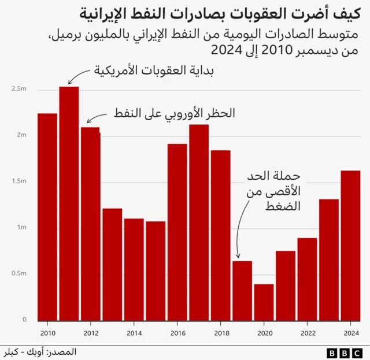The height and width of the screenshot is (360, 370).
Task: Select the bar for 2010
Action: [47, 217]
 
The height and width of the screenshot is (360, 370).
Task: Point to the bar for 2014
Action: [134, 269]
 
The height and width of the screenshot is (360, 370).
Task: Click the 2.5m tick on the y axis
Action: [19, 89]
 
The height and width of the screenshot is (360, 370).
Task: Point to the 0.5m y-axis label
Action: [19, 273]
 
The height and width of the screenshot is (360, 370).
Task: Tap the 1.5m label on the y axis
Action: [19, 181]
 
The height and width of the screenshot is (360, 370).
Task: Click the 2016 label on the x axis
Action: [177, 333]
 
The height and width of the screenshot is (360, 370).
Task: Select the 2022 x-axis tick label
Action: [308, 333]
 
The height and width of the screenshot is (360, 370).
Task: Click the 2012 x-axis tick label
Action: [91, 333]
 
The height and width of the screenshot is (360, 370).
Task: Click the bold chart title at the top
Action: [220, 12]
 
